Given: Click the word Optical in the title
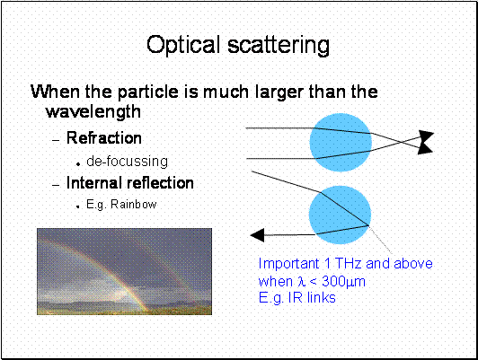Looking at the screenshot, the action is (183, 45).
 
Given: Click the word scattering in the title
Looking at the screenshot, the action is (279, 45).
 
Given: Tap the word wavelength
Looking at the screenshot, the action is (93, 112).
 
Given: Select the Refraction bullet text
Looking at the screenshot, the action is (104, 137).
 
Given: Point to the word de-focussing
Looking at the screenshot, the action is (127, 162).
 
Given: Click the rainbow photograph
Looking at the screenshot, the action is (124, 271).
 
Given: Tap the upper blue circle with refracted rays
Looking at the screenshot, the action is (341, 143).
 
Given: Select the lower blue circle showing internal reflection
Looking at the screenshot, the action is (340, 215).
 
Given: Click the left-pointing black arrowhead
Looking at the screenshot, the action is (257, 235).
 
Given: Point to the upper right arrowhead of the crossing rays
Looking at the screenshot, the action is (427, 136).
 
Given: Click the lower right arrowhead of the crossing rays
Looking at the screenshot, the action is (425, 149).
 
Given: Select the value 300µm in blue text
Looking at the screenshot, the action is (343, 282).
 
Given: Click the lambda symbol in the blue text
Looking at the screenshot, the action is (302, 282).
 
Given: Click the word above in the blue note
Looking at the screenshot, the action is (413, 263).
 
